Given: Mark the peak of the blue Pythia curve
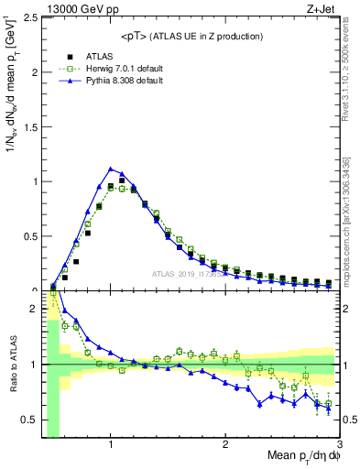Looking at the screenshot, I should pos(111,169).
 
